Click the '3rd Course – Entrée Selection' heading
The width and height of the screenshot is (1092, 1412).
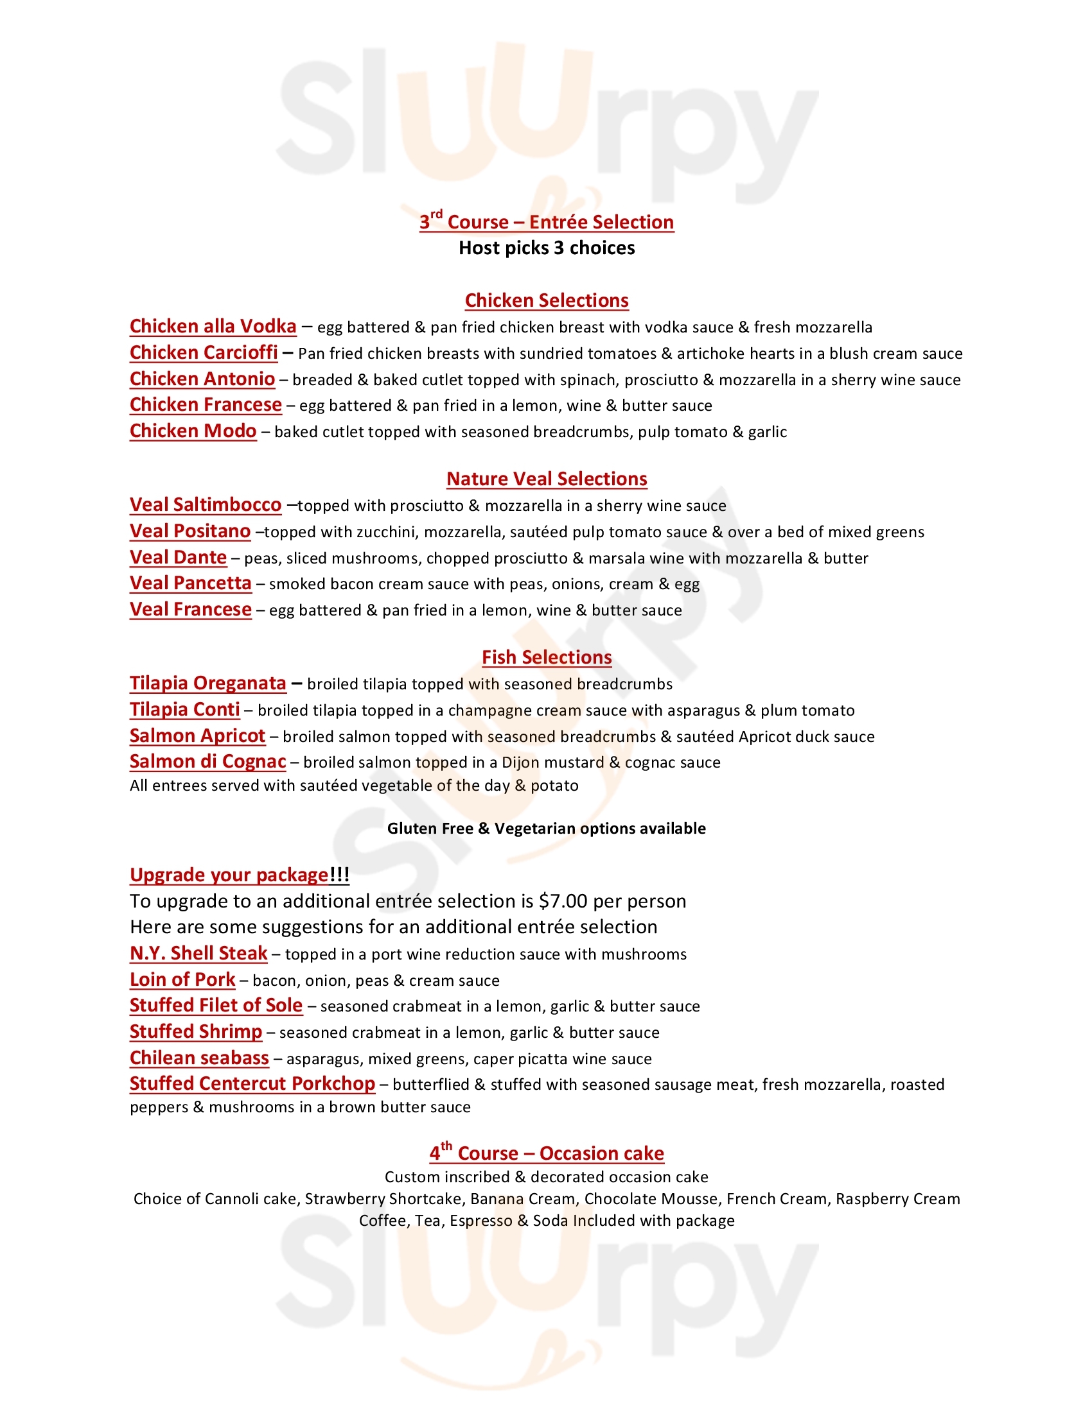[546, 222]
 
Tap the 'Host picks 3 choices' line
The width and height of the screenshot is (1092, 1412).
[546, 248]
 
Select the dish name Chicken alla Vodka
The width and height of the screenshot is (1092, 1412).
[213, 327]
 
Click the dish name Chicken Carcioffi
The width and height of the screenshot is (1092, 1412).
[203, 353]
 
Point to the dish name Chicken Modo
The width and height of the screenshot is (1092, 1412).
[193, 431]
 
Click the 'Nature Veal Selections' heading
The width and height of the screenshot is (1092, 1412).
[546, 479]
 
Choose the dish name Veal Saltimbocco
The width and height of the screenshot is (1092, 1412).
[205, 505]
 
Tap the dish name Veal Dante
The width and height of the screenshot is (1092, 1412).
[178, 557]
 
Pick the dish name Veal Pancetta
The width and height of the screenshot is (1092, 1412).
[190, 583]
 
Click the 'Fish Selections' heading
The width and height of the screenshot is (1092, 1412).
[546, 657]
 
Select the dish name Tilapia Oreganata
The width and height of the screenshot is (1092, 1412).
[207, 684]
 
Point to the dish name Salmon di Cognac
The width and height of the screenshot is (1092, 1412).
[207, 762]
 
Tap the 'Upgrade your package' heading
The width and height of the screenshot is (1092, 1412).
[239, 875]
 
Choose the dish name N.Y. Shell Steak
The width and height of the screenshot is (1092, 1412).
[198, 954]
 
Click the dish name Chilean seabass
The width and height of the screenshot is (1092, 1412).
[198, 1058]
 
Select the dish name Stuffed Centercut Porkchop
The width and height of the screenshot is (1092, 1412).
[252, 1084]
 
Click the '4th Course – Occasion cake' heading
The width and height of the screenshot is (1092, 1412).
[546, 1154]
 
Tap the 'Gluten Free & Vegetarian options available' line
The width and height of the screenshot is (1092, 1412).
[546, 829]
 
